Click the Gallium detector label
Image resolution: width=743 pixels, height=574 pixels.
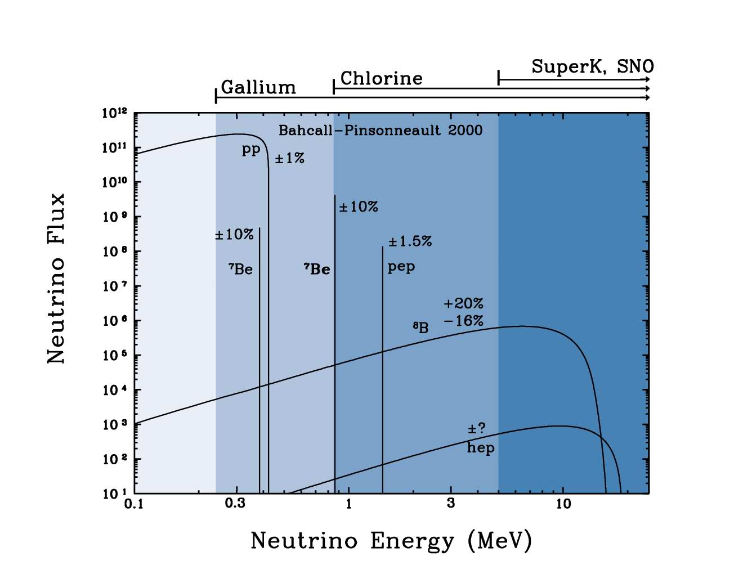point(258,87)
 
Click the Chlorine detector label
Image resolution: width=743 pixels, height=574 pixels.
point(381,78)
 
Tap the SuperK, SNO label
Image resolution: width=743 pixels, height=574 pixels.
point(592,66)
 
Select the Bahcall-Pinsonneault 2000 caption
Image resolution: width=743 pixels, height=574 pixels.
point(381,131)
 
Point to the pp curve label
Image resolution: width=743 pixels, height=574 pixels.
point(251,150)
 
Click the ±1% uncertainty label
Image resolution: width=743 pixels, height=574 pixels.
point(290,158)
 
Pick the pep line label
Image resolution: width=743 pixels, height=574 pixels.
point(401,267)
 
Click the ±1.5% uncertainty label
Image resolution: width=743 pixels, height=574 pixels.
point(410,241)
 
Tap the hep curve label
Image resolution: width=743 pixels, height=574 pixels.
point(481,448)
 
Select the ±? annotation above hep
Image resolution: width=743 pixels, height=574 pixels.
point(476,429)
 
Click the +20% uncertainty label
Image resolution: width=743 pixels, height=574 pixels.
point(463,303)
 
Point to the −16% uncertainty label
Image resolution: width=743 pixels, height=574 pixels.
point(463,321)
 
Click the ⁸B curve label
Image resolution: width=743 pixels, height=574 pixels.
point(420,328)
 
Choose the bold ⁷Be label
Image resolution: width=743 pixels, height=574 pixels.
point(317,269)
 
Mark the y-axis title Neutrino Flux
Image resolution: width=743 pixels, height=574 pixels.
point(56,279)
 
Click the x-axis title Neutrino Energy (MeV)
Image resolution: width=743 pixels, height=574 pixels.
point(391,541)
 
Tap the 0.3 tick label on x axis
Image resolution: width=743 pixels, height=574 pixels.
point(235,503)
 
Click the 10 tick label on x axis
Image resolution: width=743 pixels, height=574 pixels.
point(563,504)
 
